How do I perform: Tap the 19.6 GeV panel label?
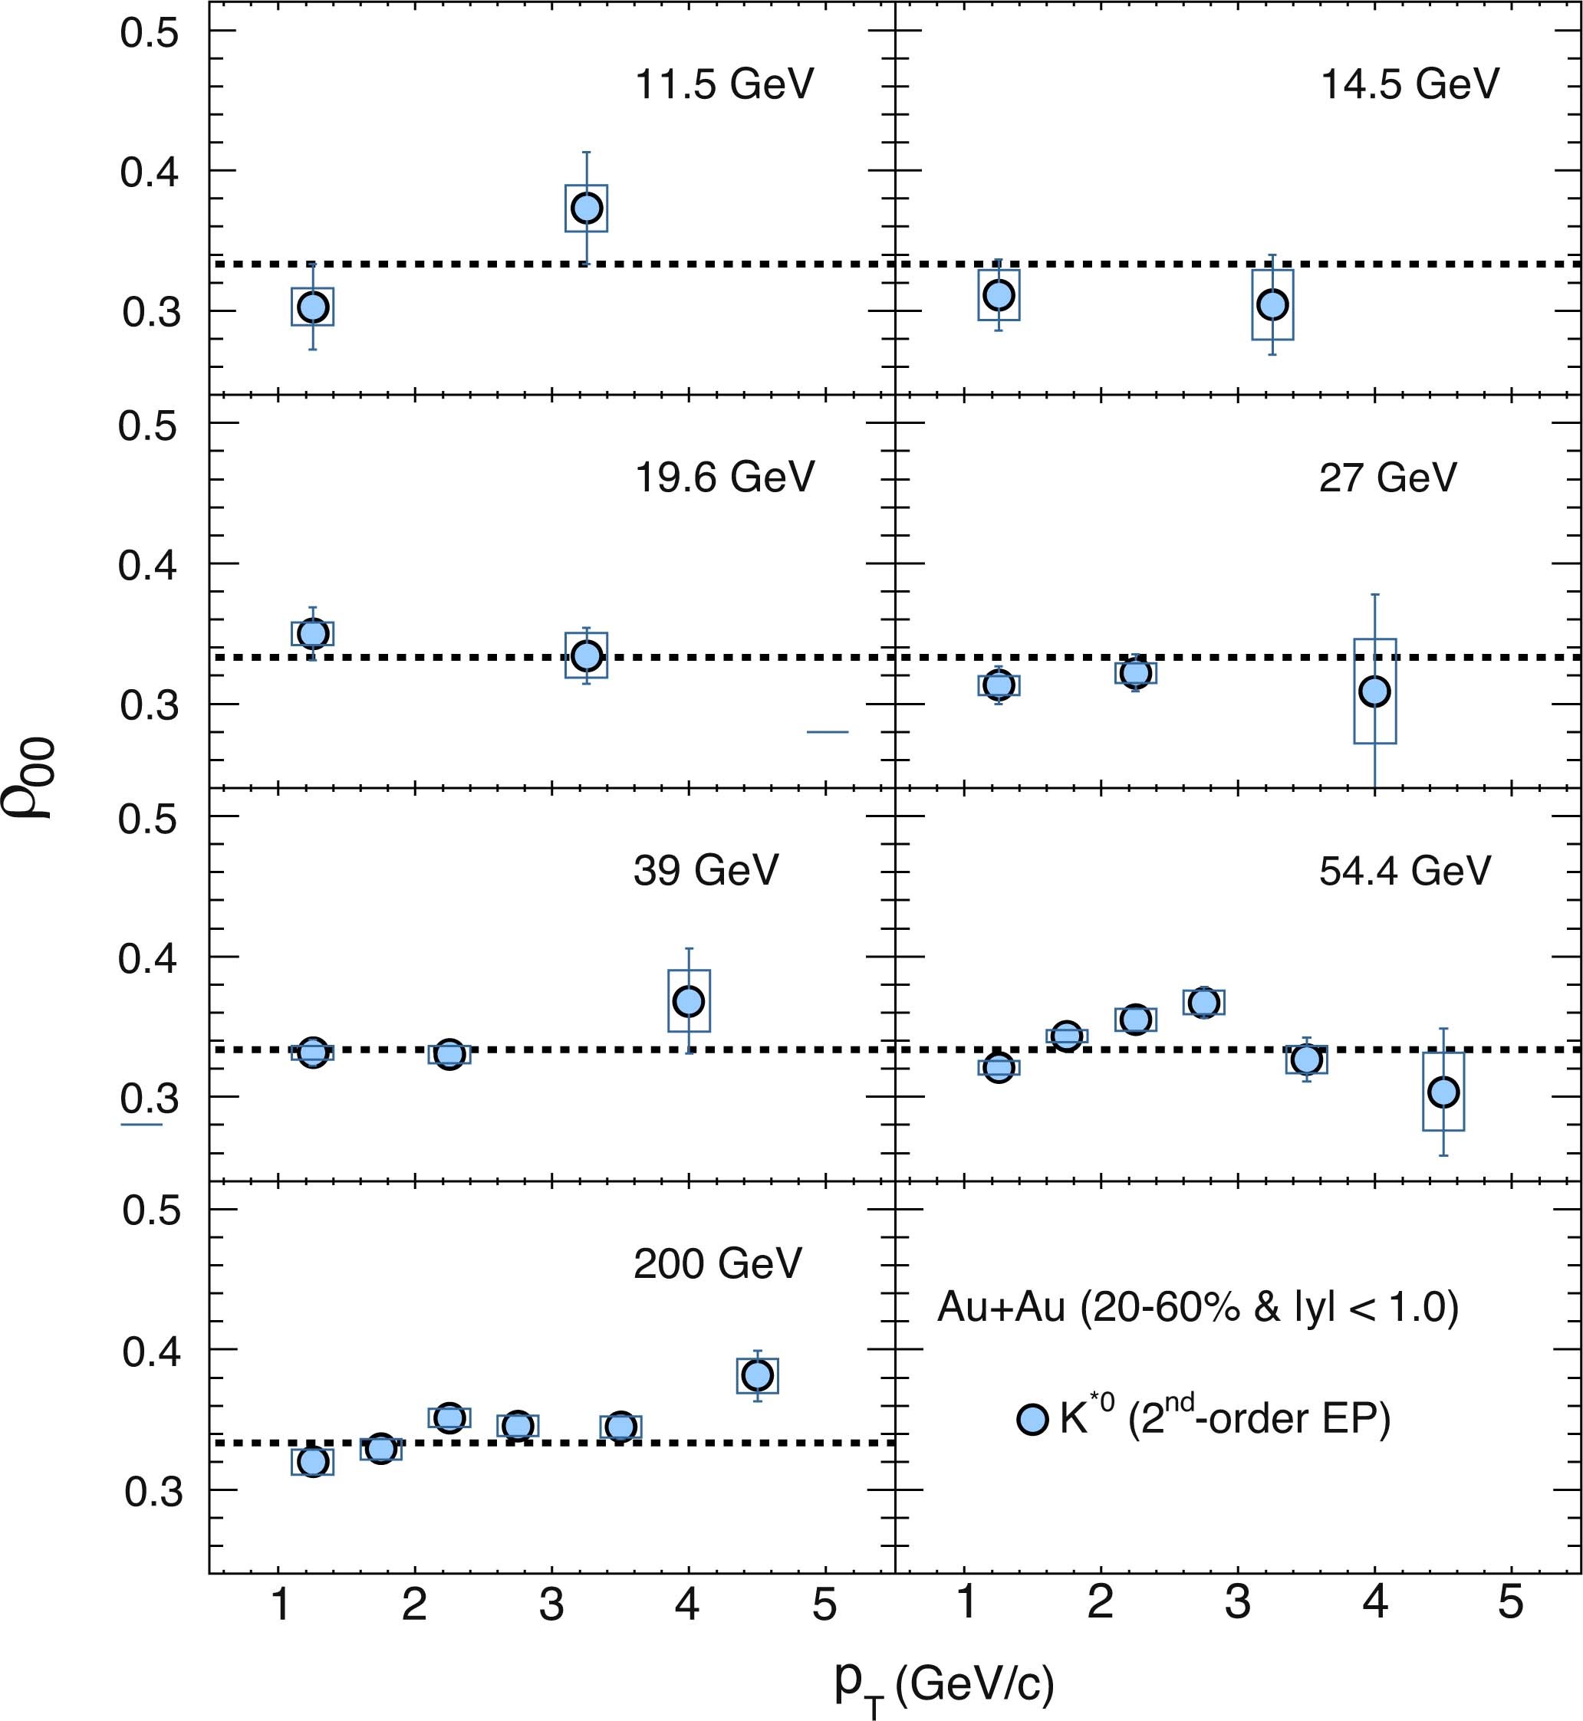(724, 477)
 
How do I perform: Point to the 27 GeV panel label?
(1387, 477)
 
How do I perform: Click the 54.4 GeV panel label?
(1404, 871)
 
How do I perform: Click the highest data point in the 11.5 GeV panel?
(587, 208)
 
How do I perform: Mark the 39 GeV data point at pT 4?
(689, 1001)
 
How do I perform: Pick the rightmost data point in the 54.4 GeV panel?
(1443, 1092)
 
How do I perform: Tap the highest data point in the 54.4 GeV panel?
(1203, 1002)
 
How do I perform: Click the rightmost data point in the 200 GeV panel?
(757, 1375)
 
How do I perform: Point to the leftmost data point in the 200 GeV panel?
(313, 1460)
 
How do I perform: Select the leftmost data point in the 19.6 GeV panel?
(313, 634)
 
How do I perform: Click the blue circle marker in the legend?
(1033, 1419)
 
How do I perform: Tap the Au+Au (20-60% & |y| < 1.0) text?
(1197, 1308)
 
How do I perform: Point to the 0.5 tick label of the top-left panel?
(149, 32)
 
